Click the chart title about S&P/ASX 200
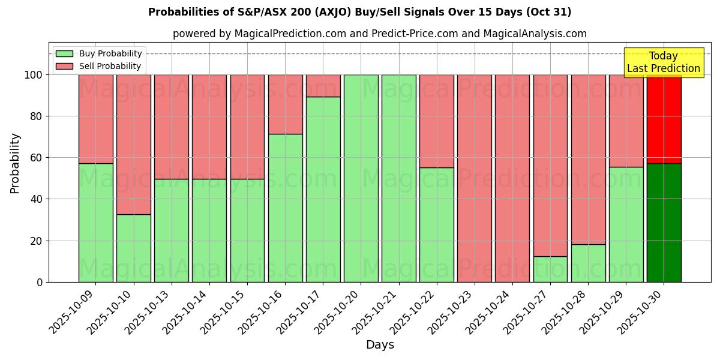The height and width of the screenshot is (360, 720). click(x=359, y=12)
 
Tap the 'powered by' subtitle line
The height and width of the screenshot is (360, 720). click(x=379, y=34)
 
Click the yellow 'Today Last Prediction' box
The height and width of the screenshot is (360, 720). click(x=663, y=62)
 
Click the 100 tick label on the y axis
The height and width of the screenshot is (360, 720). click(x=34, y=75)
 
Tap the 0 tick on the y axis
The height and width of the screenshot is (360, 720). click(x=40, y=282)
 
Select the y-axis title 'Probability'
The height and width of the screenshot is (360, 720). click(x=15, y=163)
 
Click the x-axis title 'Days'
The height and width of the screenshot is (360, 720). click(x=380, y=344)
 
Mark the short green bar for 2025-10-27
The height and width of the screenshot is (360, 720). click(x=550, y=269)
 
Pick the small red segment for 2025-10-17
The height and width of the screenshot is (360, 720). click(x=323, y=86)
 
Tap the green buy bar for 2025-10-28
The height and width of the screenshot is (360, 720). click(x=588, y=263)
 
